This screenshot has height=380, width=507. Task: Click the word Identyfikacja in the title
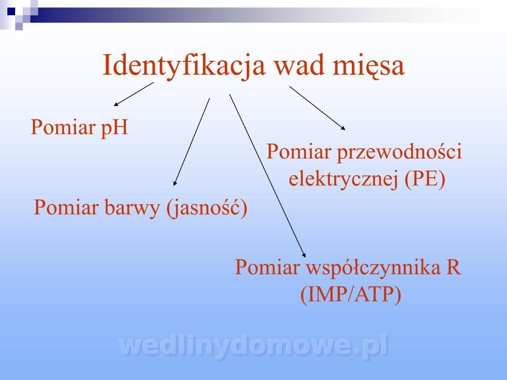point(184,66)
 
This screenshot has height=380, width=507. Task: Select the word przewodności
point(399,152)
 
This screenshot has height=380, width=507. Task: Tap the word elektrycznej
point(343,180)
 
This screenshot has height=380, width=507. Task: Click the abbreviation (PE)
point(425,179)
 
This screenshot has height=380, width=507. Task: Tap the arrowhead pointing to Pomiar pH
point(116,104)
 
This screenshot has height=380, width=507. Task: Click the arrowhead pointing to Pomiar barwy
point(175,183)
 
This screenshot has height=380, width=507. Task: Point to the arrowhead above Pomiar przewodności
point(343,128)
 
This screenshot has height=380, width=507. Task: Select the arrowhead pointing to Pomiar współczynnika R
point(304,255)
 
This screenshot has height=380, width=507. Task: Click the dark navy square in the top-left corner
point(11,11)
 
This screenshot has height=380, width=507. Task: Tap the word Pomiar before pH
point(63,127)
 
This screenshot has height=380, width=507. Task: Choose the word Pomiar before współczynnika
point(267,267)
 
